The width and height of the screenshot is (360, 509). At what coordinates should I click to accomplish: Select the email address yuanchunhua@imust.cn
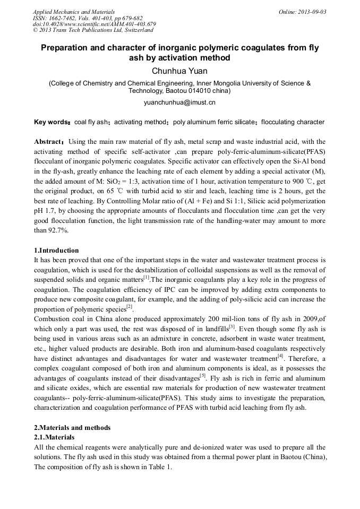coord(179,102)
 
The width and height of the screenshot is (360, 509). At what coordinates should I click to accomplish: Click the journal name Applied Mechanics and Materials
coord(73,12)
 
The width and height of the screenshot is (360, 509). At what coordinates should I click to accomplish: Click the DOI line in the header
coord(94,24)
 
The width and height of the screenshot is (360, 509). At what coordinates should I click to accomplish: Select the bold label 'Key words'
coord(52,122)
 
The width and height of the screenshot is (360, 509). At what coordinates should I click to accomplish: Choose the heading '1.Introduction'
coord(56,251)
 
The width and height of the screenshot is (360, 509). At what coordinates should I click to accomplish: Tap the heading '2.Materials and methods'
coord(72,428)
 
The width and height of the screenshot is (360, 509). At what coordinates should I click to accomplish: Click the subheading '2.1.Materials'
coord(54,437)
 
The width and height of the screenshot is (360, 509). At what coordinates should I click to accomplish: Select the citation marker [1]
coord(147,278)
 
